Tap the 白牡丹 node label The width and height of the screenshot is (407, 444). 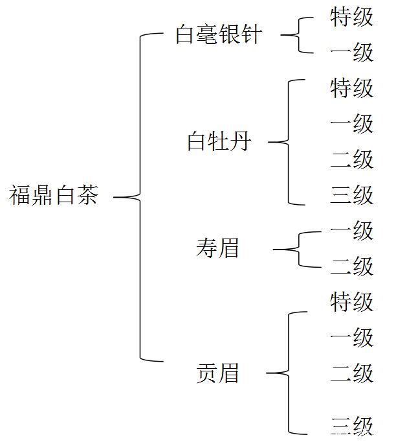coord(218,141)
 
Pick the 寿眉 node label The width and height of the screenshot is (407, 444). coord(217,248)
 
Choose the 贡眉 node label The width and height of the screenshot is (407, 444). coord(217,373)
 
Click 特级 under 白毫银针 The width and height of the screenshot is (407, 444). coord(351,18)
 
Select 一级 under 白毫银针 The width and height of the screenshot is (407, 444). coord(351,53)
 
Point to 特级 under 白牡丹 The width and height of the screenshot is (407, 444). coord(351,88)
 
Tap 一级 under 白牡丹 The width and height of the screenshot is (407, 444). coord(351,124)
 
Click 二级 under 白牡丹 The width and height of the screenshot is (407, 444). coord(351,159)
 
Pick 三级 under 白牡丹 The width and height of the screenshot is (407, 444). coord(351,195)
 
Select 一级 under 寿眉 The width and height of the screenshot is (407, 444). coord(351,231)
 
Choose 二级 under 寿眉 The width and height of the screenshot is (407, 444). coord(351,266)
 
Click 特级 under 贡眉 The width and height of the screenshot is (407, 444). coord(351,302)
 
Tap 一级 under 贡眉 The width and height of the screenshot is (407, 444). coord(351,338)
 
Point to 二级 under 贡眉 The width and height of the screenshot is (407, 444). coord(351,373)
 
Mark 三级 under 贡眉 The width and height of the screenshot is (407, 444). coord(351,425)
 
